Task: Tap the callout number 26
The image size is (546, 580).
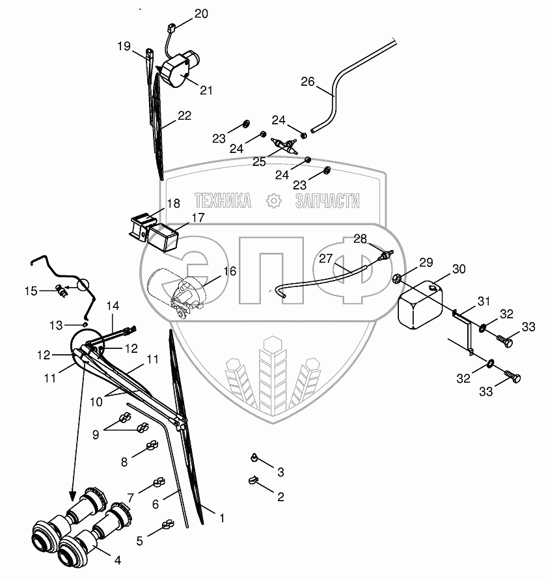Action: point(308,82)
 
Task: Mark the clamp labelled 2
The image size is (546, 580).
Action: point(252,482)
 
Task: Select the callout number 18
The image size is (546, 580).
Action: point(172,204)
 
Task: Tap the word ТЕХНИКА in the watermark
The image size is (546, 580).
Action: point(223,201)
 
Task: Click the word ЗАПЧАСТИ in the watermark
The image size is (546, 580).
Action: point(327,201)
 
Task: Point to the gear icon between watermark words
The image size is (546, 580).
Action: point(273,201)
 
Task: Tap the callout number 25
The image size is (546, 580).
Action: point(259,161)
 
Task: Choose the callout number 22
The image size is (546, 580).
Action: point(185,116)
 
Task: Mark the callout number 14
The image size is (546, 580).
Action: point(113,305)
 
